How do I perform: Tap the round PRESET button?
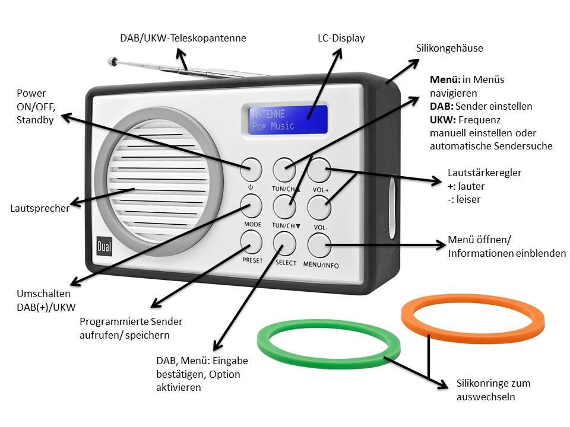click(251, 242)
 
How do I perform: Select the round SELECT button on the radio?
click(284, 243)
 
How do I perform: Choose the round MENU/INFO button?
click(319, 244)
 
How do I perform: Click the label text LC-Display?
click(341, 39)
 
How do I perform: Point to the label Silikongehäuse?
click(448, 49)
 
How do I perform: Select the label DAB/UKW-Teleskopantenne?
click(183, 39)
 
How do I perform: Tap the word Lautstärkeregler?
click(484, 173)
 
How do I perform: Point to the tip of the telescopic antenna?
click(110, 60)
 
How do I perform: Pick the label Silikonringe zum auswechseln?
click(493, 390)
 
